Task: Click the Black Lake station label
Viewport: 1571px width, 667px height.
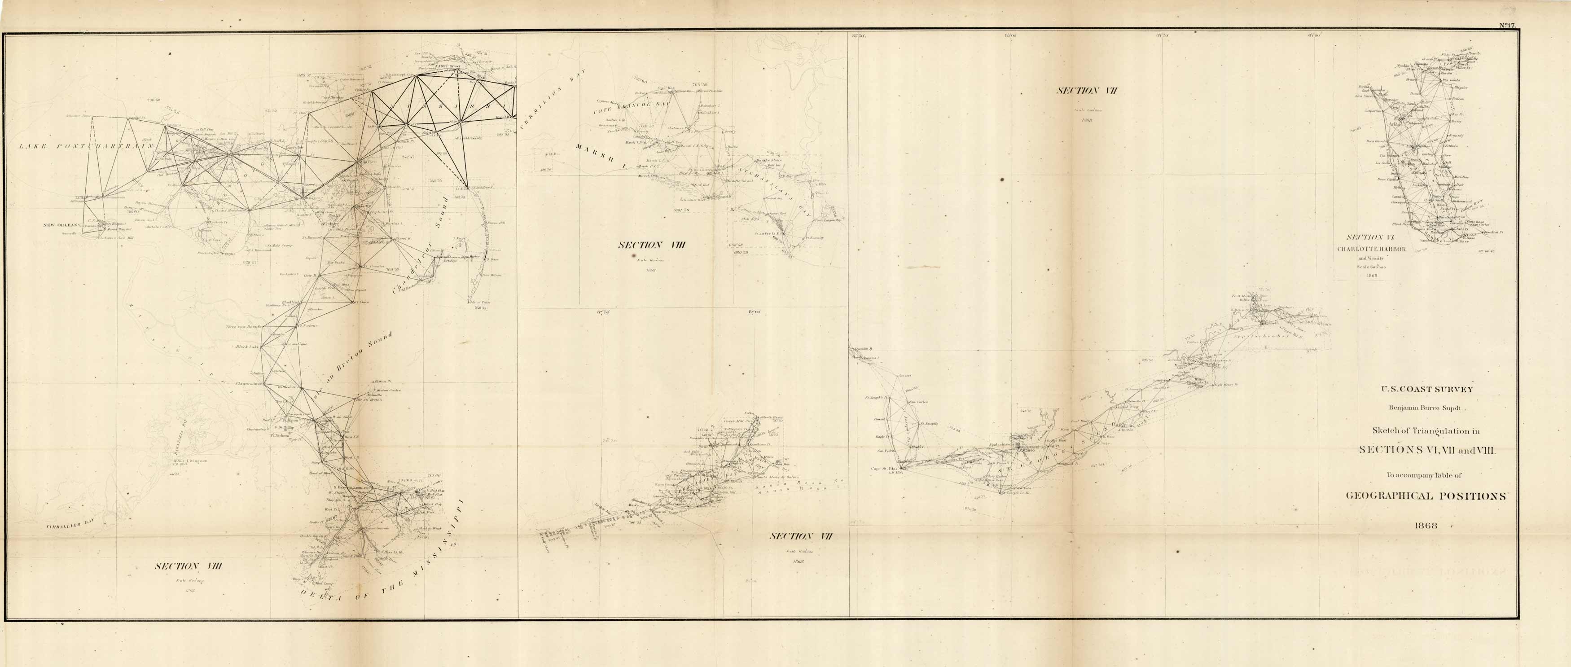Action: click(x=246, y=347)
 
